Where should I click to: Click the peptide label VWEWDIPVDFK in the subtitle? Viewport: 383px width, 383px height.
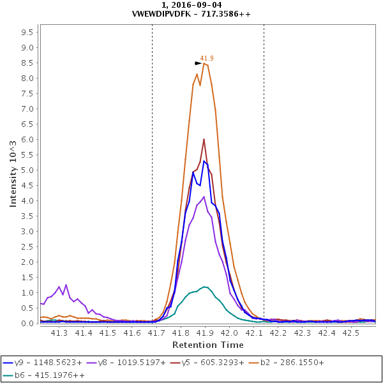163,13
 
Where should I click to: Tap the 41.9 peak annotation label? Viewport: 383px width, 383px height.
207,58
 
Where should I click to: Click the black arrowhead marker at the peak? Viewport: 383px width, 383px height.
198,63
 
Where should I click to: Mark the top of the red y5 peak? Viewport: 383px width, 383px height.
204,139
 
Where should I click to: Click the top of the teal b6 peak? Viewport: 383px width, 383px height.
204,287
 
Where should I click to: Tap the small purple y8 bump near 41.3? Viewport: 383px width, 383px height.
66,285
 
